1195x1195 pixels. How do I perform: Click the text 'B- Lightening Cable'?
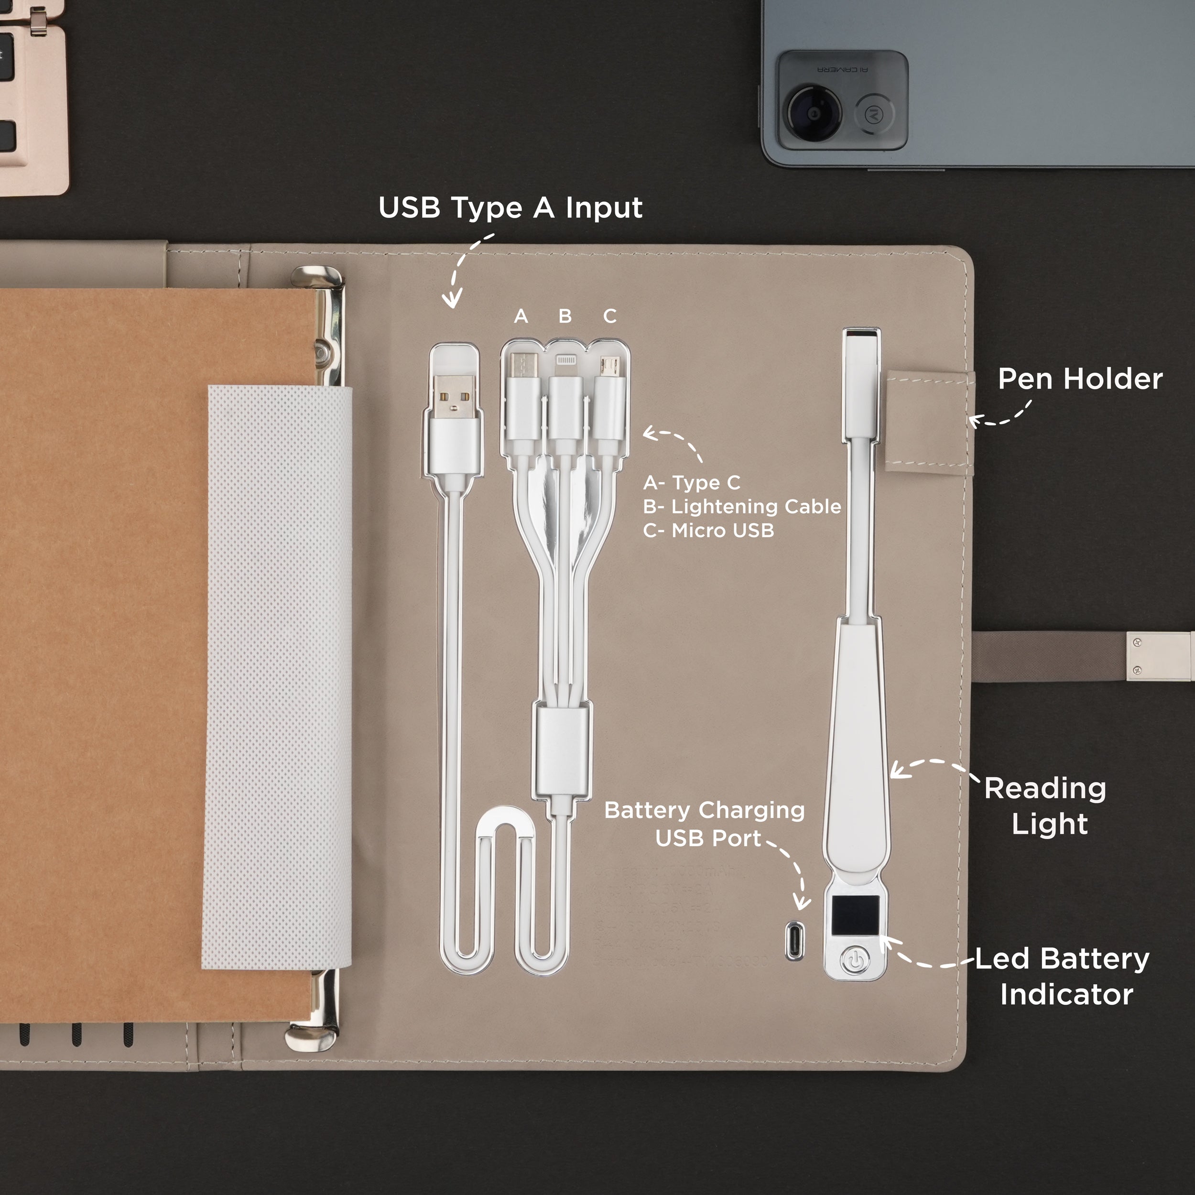pyautogui.click(x=742, y=507)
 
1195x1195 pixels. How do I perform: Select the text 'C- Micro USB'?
pyautogui.click(x=708, y=531)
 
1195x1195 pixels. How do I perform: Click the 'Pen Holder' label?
pyautogui.click(x=1080, y=379)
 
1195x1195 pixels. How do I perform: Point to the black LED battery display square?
pyautogui.click(x=854, y=915)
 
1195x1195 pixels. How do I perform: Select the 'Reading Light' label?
pyautogui.click(x=1046, y=806)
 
